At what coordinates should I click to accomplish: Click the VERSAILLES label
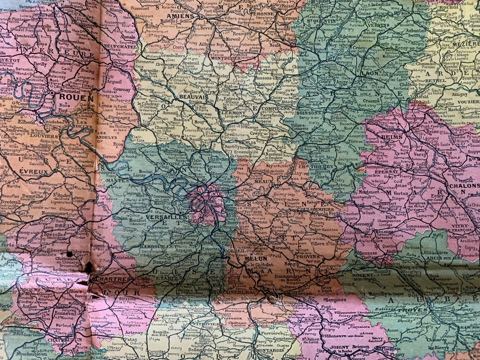click(160, 217)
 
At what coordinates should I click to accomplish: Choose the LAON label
click(370, 73)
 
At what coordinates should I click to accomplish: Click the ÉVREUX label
click(33, 172)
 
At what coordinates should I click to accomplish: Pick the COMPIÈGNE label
click(276, 108)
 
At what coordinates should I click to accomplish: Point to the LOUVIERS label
click(44, 136)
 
